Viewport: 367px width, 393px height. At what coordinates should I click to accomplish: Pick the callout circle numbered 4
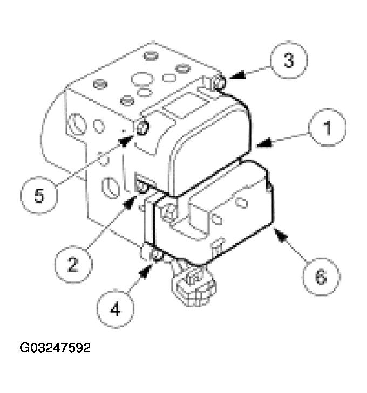click(x=115, y=309)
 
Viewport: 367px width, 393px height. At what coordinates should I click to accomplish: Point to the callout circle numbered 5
click(x=38, y=195)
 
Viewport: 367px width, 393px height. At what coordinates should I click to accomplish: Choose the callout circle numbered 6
click(x=321, y=277)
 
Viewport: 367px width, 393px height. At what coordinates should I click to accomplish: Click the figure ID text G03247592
click(x=56, y=348)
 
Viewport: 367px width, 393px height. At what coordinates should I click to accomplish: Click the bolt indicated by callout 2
click(x=142, y=187)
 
